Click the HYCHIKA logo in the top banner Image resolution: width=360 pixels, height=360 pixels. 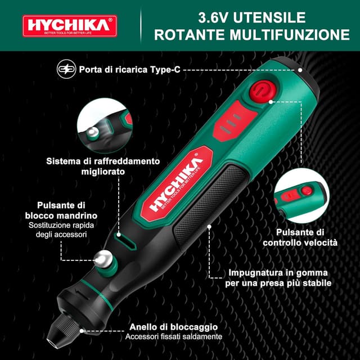click(x=70, y=26)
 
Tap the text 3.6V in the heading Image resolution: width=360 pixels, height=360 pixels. click(x=210, y=17)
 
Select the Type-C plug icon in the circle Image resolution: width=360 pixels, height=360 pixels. click(x=65, y=70)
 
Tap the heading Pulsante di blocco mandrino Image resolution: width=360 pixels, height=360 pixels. click(x=67, y=210)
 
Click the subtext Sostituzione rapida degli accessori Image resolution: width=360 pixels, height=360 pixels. click(x=66, y=229)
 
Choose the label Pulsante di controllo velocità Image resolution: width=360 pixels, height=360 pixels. click(x=300, y=237)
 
